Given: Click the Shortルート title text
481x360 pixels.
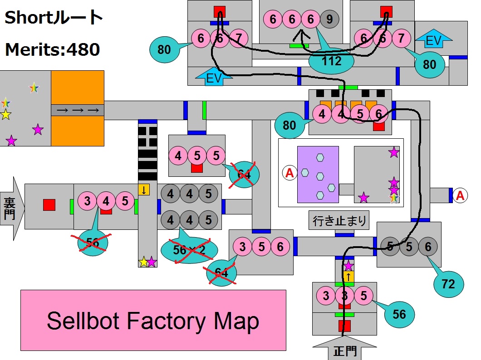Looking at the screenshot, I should click(x=54, y=18).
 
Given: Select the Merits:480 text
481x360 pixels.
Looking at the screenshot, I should click(x=52, y=49).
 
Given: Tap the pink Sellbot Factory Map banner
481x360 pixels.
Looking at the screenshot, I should click(x=153, y=320).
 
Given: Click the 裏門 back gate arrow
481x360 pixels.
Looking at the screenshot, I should click(x=10, y=208).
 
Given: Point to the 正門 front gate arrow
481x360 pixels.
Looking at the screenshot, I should click(x=344, y=349).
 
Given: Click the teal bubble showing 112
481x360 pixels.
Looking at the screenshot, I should click(x=331, y=61).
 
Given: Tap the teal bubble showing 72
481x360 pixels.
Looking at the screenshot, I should click(x=448, y=284).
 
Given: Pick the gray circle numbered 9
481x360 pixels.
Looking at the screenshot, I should click(x=329, y=19).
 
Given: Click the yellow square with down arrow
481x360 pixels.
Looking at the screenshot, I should click(x=144, y=190).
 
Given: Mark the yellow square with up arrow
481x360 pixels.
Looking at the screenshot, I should click(x=348, y=276).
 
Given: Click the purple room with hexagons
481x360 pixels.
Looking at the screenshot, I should click(x=318, y=174).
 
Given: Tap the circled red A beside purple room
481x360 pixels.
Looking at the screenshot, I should click(x=289, y=172).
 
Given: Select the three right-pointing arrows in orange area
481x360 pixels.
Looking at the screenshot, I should click(x=77, y=110).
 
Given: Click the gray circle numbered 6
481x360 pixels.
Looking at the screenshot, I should click(x=427, y=247).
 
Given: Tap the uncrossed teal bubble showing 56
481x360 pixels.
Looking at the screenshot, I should click(x=399, y=314).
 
